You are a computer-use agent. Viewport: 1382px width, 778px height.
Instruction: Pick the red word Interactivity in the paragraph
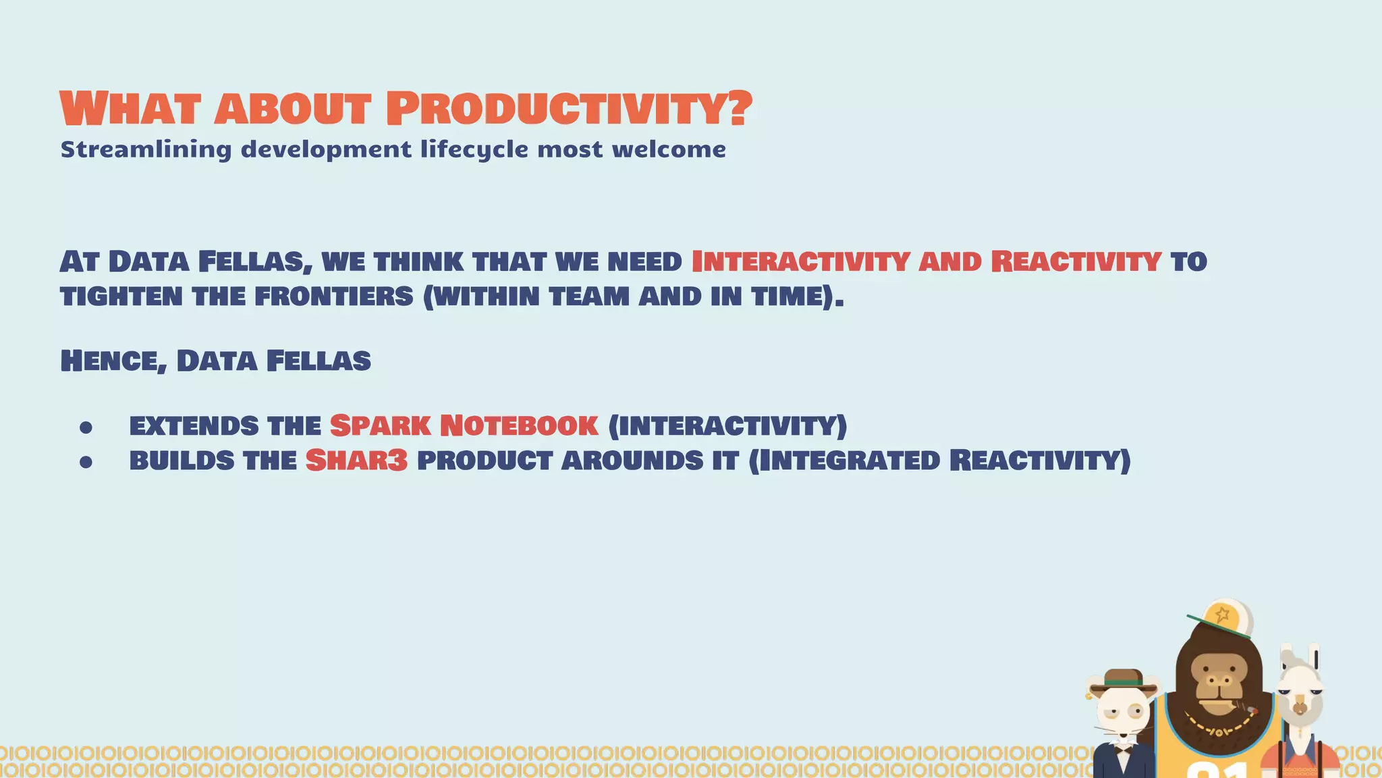pos(800,261)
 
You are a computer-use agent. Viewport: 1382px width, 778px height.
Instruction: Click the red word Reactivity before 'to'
pos(1076,261)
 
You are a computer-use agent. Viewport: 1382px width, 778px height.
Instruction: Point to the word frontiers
pos(333,296)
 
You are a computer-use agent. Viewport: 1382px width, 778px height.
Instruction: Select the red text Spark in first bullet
pos(380,425)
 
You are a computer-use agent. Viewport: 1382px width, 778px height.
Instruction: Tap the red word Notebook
pos(518,425)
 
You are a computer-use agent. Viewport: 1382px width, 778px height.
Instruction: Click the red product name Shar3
pos(356,461)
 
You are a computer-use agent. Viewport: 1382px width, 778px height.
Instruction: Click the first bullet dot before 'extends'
pos(86,427)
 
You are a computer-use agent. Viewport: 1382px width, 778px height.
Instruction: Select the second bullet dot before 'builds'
pos(86,462)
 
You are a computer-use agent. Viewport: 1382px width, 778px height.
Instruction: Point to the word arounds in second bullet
pos(632,461)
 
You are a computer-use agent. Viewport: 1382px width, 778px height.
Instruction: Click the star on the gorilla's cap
pos(1222,615)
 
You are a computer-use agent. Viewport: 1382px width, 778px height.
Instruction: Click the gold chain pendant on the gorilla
pos(1219,732)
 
